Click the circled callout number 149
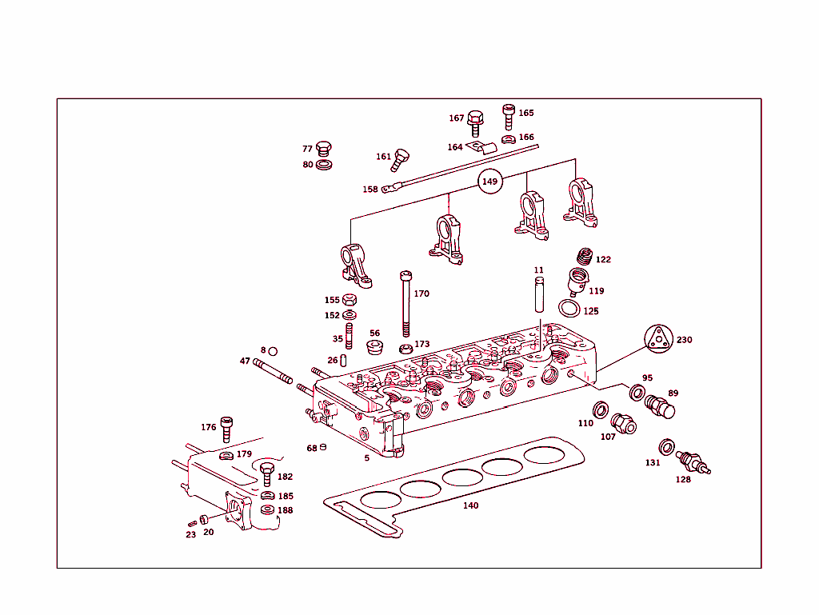(489, 182)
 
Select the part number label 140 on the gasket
(471, 505)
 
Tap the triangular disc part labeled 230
(657, 339)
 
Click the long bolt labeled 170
(406, 304)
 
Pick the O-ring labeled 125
(569, 309)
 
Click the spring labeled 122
(585, 257)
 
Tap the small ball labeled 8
(273, 351)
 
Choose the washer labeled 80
(324, 165)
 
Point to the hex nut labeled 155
(349, 301)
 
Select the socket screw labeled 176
(226, 429)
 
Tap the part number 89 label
(673, 393)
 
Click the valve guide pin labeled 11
(539, 294)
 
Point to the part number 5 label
(367, 458)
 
